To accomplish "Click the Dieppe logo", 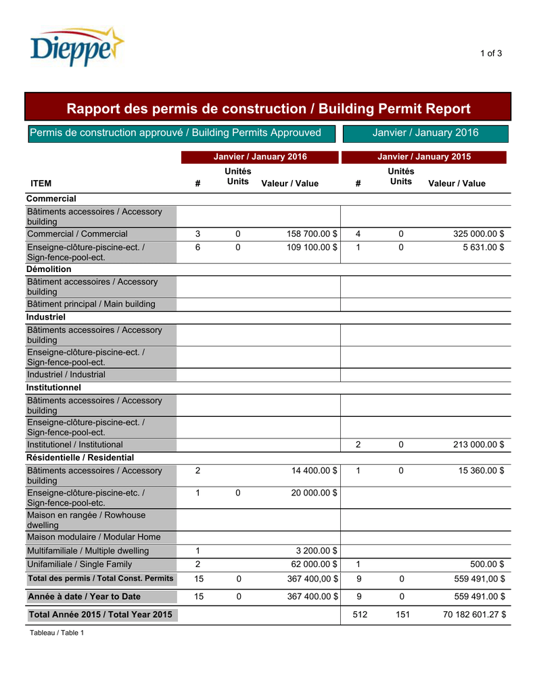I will [76, 47].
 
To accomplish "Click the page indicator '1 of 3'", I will [491, 53].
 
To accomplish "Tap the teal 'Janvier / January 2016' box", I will [425, 133].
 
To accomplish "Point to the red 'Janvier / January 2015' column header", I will [424, 157].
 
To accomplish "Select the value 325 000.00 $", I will [478, 234].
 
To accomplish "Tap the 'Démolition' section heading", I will [49, 269].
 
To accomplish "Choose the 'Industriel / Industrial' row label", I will [66, 374].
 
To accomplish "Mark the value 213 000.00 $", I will [478, 445].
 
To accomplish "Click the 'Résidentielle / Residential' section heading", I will [80, 458].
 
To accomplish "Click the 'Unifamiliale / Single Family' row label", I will [79, 564].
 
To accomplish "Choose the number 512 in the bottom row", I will [360, 614].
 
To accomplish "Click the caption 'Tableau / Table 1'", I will [56, 633].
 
